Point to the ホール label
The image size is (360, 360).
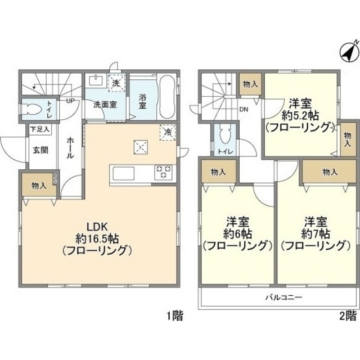(x=70, y=148)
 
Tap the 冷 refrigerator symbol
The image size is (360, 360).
(x=168, y=132)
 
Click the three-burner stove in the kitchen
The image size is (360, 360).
(x=164, y=172)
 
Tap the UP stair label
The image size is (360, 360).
(x=71, y=101)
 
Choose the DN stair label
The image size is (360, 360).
(x=245, y=110)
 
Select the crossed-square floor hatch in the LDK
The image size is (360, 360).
(x=140, y=147)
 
